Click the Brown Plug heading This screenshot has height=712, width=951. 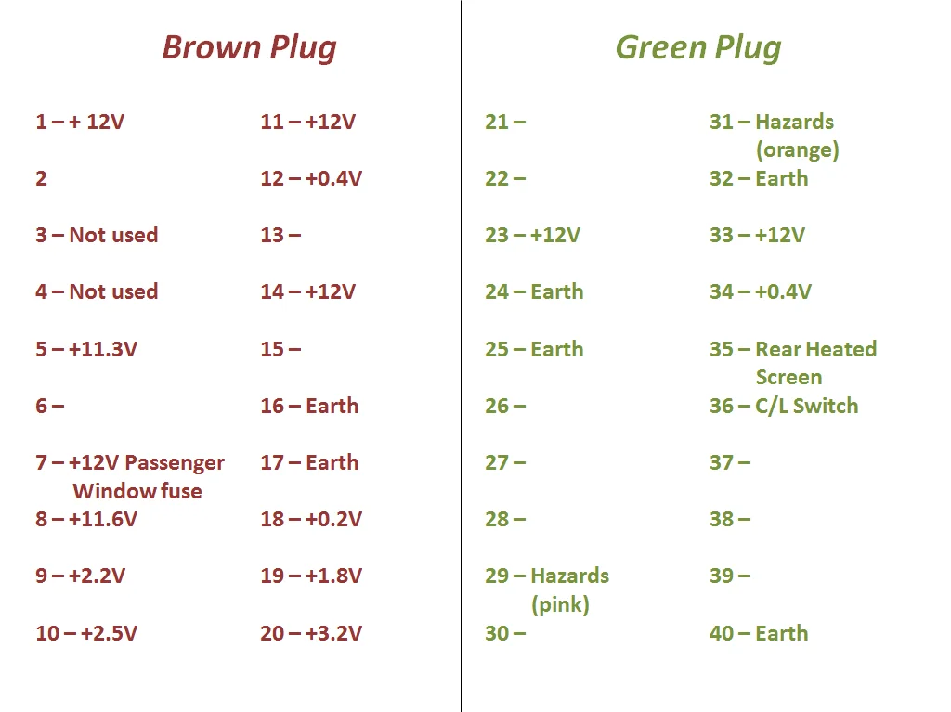[249, 48]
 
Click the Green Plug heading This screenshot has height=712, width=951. [698, 48]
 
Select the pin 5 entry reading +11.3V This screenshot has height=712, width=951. [86, 349]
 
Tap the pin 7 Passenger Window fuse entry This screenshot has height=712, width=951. [130, 477]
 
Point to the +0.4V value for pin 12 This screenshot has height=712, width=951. [333, 179]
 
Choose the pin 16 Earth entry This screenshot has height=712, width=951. [309, 406]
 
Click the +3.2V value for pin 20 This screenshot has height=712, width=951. [333, 633]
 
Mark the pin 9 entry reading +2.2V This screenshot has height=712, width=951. [80, 576]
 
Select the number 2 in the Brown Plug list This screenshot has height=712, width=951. [41, 179]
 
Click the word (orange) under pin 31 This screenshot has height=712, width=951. [798, 150]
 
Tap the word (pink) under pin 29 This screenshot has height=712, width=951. [560, 604]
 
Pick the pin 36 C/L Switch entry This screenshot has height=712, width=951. [784, 406]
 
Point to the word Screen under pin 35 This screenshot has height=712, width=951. [789, 377]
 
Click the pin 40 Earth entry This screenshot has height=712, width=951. [759, 633]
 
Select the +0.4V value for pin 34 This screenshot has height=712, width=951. [783, 291]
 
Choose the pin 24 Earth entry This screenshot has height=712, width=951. [534, 291]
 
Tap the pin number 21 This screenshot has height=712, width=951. [497, 122]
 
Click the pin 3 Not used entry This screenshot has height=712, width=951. [97, 235]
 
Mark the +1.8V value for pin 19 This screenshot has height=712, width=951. [333, 576]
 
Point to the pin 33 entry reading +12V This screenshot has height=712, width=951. [758, 235]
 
